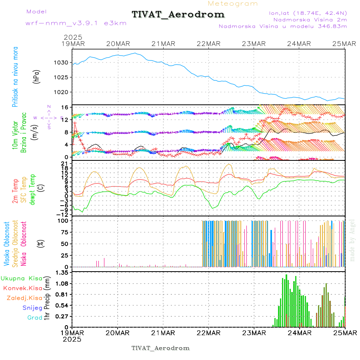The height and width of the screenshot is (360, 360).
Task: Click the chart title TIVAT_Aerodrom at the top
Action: point(178,15)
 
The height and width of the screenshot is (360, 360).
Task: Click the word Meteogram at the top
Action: point(233,4)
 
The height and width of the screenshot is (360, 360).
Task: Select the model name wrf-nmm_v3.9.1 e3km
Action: point(76,23)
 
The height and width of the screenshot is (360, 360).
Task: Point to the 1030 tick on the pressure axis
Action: point(62,62)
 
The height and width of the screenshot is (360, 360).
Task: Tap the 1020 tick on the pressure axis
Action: point(62,92)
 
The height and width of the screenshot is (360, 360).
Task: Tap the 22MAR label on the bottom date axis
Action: point(209,332)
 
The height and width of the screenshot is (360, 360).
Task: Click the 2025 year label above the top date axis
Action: point(72,37)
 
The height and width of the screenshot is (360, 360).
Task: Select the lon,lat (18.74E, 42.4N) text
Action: point(308,13)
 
